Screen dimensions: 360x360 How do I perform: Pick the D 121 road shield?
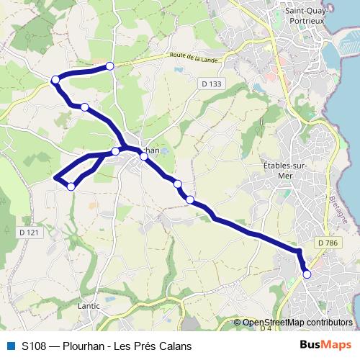(29, 233)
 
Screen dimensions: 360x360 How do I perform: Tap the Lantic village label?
(88, 306)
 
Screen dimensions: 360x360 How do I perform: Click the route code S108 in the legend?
(35, 346)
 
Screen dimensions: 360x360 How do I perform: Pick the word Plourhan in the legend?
(93, 346)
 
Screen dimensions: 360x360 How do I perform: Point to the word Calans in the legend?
(176, 346)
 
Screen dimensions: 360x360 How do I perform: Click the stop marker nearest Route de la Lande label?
(110, 66)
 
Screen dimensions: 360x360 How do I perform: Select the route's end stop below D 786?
(307, 274)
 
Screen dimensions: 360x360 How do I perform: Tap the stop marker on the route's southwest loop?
(71, 186)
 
